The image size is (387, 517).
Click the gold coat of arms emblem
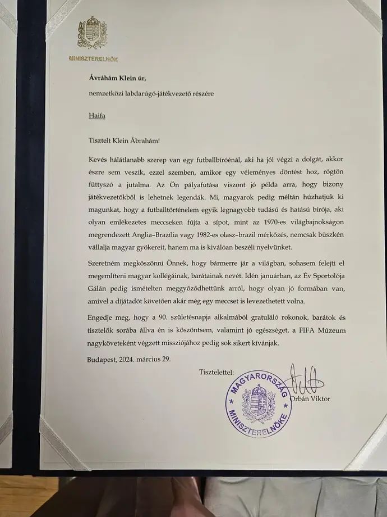pyautogui.click(x=92, y=34)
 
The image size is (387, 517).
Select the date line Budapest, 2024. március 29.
pyautogui.click(x=130, y=358)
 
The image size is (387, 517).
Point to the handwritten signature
pyautogui.click(x=303, y=379)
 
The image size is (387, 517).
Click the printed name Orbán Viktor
pyautogui.click(x=310, y=399)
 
